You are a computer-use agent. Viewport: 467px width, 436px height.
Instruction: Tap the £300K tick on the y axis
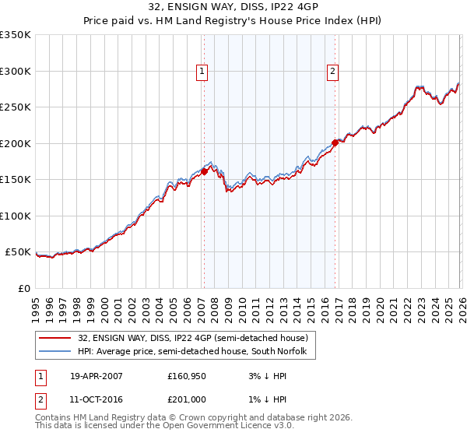(16, 71)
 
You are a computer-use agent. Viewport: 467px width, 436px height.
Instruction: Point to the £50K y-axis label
(18, 252)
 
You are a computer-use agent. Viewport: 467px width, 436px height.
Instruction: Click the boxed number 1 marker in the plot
(202, 72)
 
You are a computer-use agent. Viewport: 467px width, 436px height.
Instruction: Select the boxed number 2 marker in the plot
(332, 72)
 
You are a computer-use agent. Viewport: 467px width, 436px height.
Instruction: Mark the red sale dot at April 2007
(204, 171)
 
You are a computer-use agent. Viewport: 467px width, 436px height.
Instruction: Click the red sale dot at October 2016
(335, 142)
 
